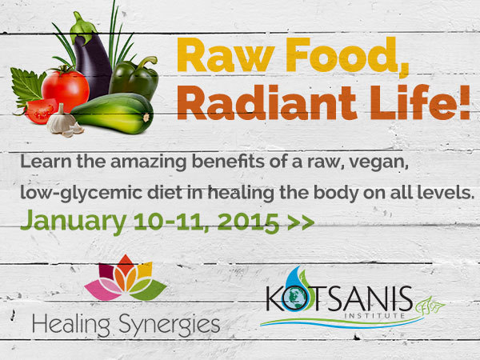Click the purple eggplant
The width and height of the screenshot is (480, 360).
(92, 62)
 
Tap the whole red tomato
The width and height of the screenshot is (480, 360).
(66, 89)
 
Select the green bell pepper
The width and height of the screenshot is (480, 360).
(134, 78)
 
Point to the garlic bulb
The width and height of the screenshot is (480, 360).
(64, 121)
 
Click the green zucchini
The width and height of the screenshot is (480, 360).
(113, 114)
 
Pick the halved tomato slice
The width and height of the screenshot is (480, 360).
(40, 111)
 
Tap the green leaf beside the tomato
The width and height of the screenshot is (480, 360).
(26, 86)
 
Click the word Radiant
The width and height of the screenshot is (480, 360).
(266, 102)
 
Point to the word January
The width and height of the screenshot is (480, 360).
(74, 222)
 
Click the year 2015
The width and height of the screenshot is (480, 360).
(248, 222)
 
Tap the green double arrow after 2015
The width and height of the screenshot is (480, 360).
(301, 222)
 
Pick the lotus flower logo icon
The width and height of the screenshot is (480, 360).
(126, 278)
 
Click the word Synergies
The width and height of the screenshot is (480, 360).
(170, 325)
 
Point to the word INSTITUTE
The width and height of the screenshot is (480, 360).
(375, 315)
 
